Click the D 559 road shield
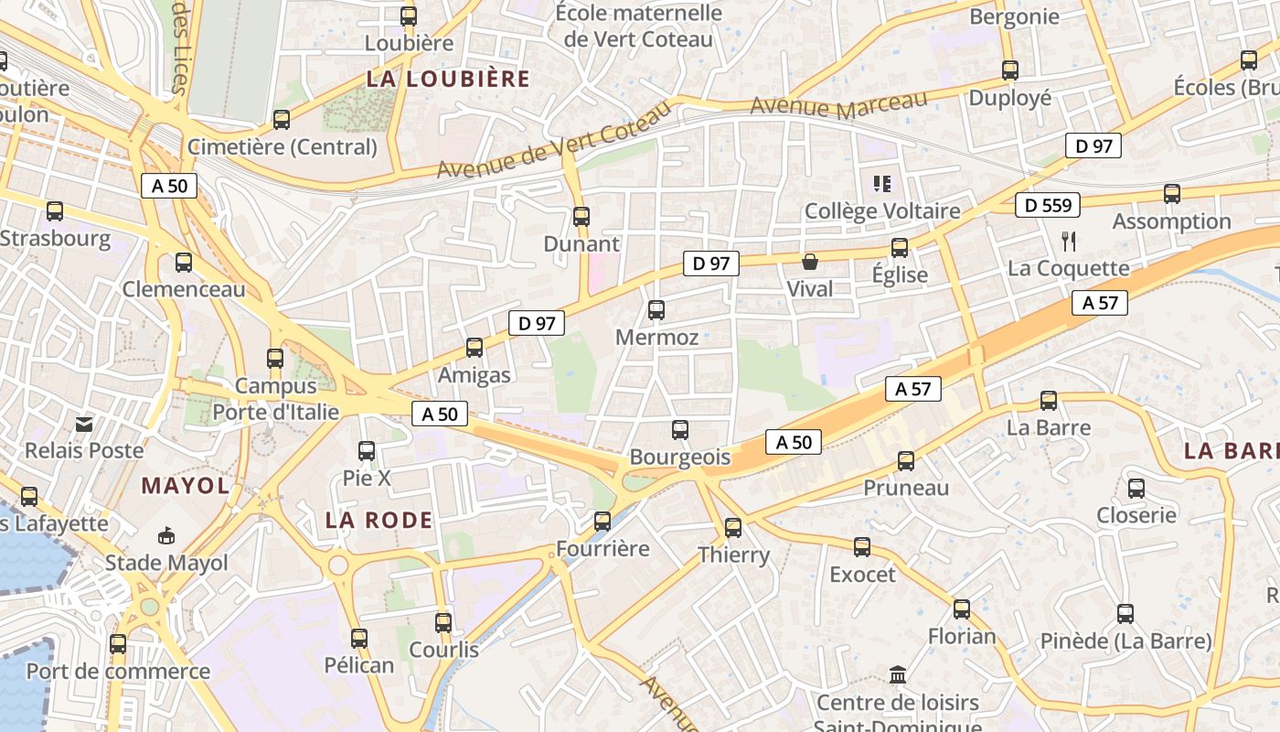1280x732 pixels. [x=1048, y=205]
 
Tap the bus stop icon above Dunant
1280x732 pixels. [x=581, y=217]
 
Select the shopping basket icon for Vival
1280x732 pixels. [x=810, y=263]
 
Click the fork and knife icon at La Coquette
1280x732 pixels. [x=1068, y=241]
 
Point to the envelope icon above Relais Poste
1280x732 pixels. [x=84, y=424]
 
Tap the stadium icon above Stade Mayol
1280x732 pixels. [x=166, y=535]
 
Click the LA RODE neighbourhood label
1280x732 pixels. [x=379, y=521]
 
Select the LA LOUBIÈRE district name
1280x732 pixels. [x=448, y=79]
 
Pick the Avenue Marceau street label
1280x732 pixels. [x=838, y=103]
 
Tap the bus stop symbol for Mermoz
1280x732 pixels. [x=656, y=310]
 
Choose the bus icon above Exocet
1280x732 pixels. [x=862, y=547]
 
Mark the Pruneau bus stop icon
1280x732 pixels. [x=906, y=461]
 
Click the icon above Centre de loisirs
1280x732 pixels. [x=898, y=675]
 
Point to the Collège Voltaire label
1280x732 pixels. [x=882, y=211]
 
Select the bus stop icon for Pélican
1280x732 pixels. [x=359, y=638]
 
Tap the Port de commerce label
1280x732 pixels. [x=118, y=671]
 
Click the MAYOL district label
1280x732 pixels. [x=186, y=486]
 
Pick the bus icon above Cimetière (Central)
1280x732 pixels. [x=282, y=119]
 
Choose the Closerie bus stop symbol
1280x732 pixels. [x=1136, y=488]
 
